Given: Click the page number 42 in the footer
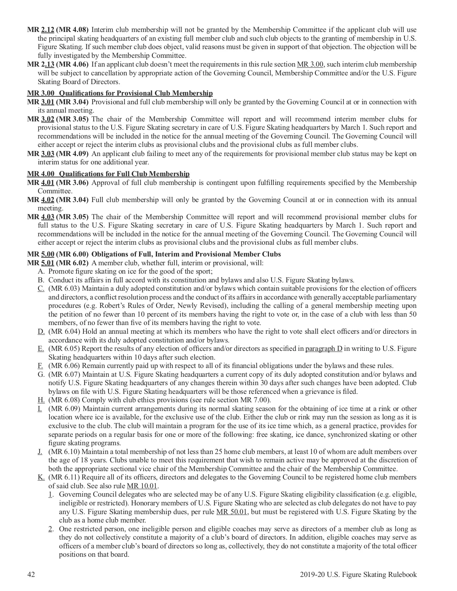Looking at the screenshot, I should (x=31, y=574).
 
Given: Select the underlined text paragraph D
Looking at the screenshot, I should (x=324, y=349).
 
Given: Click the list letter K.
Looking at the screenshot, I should (x=41, y=477).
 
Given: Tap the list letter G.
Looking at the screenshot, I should (x=41, y=374).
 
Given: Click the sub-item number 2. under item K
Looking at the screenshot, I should (x=51, y=529).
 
